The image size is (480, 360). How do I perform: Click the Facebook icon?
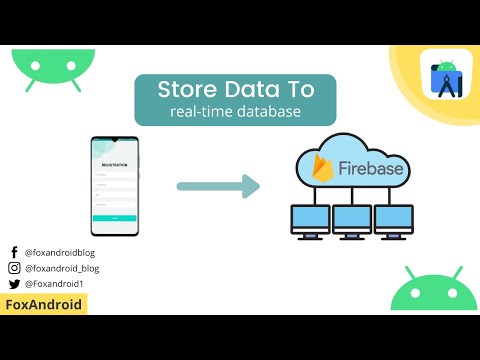(x=14, y=254)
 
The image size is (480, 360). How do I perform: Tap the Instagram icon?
(x=14, y=269)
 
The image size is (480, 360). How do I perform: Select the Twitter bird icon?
(x=14, y=284)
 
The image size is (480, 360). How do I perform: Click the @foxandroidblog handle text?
(x=59, y=254)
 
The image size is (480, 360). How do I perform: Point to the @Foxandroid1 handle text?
(x=54, y=284)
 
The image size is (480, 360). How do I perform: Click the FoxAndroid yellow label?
(x=44, y=304)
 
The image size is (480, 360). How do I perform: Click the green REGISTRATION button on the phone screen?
(x=116, y=216)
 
